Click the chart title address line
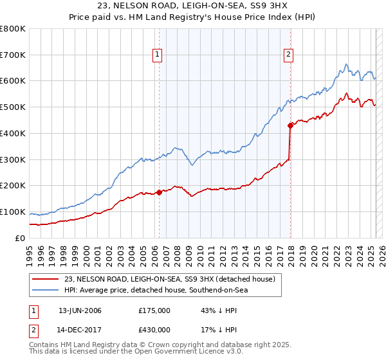192,6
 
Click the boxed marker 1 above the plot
158,55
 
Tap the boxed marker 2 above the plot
289,55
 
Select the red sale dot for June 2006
159,192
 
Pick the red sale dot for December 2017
290,125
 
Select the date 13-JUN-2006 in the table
80,310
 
